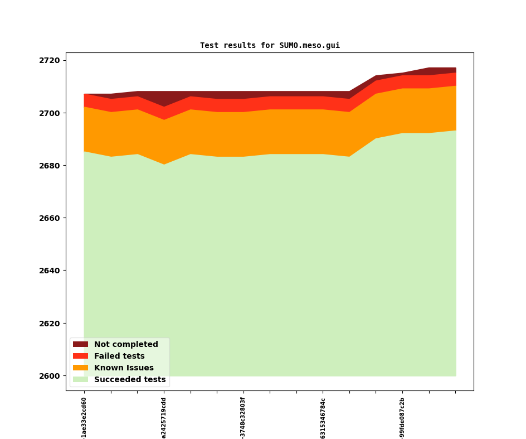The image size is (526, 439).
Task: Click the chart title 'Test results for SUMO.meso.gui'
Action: click(270, 45)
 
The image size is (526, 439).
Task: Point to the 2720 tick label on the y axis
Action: click(50, 60)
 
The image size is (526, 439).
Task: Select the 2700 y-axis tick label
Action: click(50, 113)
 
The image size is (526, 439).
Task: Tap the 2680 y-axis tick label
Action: click(50, 166)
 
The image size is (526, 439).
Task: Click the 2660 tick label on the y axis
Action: click(50, 218)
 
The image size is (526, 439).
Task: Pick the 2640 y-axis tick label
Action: click(50, 271)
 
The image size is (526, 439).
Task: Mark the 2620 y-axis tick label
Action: click(50, 324)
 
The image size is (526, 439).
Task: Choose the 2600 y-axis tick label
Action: click(50, 376)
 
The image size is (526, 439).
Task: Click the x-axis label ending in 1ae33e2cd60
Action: click(84, 417)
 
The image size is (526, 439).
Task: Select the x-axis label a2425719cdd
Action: click(164, 417)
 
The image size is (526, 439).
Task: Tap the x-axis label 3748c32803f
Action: click(243, 417)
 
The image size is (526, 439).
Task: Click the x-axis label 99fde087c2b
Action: click(402, 417)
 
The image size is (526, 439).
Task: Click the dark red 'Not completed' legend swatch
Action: click(80, 345)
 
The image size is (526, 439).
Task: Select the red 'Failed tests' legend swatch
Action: click(80, 356)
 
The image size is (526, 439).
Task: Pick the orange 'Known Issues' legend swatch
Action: click(80, 368)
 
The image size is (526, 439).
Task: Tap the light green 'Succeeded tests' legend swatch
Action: click(80, 379)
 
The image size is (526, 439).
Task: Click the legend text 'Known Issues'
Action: click(124, 368)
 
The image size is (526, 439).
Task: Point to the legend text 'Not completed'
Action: click(126, 345)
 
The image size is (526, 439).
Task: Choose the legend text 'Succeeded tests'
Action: click(130, 379)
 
